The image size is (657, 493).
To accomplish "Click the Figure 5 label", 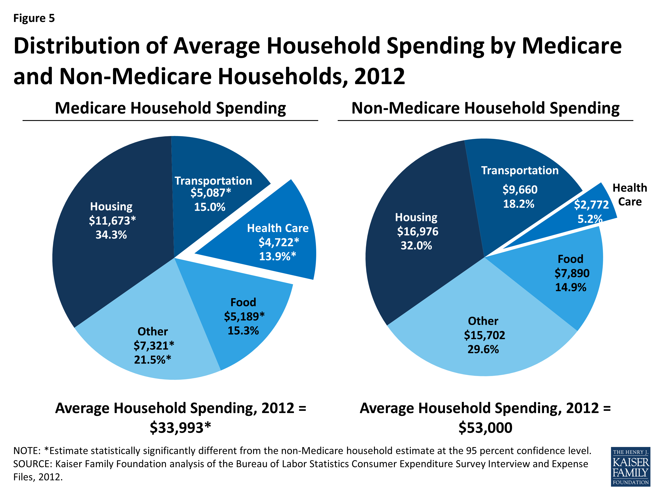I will click(34, 18).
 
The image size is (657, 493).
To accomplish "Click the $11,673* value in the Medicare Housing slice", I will click(112, 220).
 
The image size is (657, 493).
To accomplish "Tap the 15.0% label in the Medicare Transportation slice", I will click(210, 207).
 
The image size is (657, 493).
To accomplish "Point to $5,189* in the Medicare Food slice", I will click(244, 316).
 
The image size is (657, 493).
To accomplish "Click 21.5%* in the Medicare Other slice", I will click(152, 360).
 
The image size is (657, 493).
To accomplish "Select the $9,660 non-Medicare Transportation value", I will click(520, 190).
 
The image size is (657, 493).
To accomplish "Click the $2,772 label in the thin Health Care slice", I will click(591, 204).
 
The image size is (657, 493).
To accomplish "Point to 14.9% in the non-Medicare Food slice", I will click(570, 287).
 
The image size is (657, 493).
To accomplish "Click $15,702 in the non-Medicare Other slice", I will click(484, 335).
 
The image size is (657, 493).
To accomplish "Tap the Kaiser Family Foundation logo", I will click(631, 466).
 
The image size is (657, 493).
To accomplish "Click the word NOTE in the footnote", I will click(26, 451).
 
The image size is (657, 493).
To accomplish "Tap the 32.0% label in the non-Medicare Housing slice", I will click(416, 245).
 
